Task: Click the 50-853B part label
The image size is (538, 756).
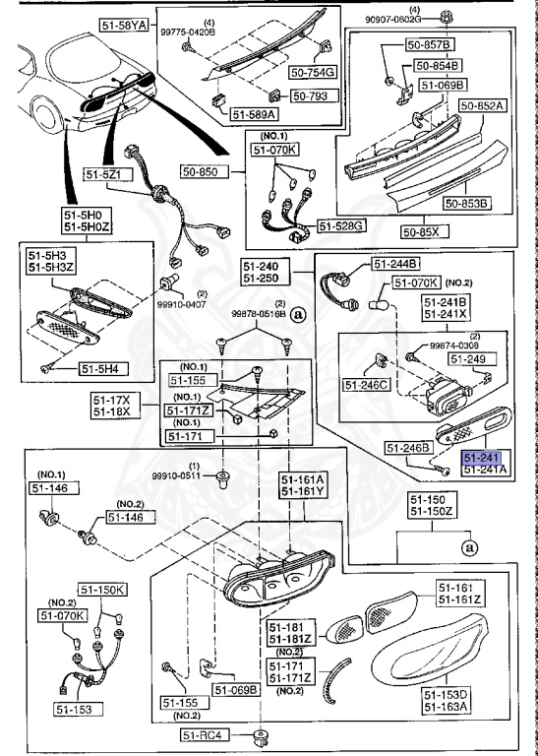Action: point(467,204)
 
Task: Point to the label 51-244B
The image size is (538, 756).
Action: point(395,264)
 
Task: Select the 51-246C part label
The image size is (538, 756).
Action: point(367,383)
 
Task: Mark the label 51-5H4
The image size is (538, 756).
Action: point(101,369)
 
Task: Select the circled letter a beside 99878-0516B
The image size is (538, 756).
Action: point(297,312)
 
